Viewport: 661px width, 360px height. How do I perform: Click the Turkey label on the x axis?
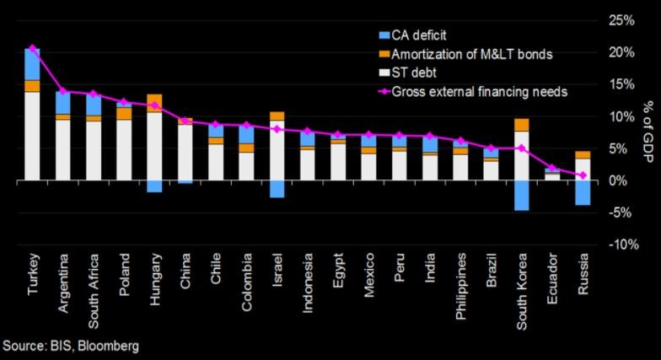pos(33,271)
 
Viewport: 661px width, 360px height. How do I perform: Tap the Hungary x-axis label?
pos(154,276)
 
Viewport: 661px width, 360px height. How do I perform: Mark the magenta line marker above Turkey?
pos(33,48)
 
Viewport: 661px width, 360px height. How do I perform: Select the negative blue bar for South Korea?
pos(522,196)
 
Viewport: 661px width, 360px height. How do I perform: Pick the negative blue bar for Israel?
pos(277,189)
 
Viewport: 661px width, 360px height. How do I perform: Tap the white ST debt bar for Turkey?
pos(33,135)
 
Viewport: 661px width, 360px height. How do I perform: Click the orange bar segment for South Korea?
pos(522,125)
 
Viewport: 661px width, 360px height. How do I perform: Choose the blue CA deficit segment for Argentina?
pos(62,103)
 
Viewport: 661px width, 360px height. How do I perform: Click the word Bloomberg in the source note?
pos(106,346)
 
